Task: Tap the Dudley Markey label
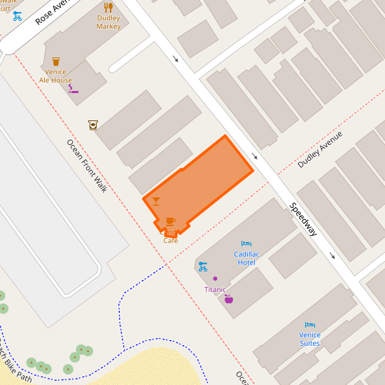pos(108,22)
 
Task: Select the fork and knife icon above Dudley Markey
pos(108,7)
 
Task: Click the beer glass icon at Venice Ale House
pos(56,62)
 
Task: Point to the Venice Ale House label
pos(55,76)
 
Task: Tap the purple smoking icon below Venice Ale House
pos(73,89)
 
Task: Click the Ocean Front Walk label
pos(87,166)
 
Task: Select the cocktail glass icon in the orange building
pos(155,202)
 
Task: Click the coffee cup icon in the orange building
pos(170,221)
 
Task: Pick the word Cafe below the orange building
pos(171,240)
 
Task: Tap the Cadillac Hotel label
pos(246,258)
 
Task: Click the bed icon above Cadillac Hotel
pos(246,244)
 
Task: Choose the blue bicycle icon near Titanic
pos(202,266)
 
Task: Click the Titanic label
pos(215,289)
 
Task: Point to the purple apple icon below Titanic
pos(229,299)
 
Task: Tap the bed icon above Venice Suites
pos(310,325)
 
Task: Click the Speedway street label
pos(304,218)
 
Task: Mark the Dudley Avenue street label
pos(320,149)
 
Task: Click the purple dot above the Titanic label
pos(215,279)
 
